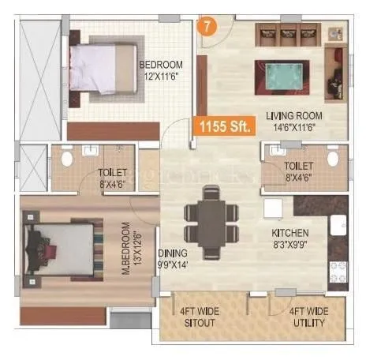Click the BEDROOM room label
(161, 64)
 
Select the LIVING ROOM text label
(294, 113)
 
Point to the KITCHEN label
(290, 234)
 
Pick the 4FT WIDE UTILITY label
(307, 316)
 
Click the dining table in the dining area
(210, 220)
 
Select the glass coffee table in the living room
(281, 76)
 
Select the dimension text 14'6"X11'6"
(295, 126)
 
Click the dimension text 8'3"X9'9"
(291, 246)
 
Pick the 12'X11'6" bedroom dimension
(161, 77)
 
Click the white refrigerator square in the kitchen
(272, 208)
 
